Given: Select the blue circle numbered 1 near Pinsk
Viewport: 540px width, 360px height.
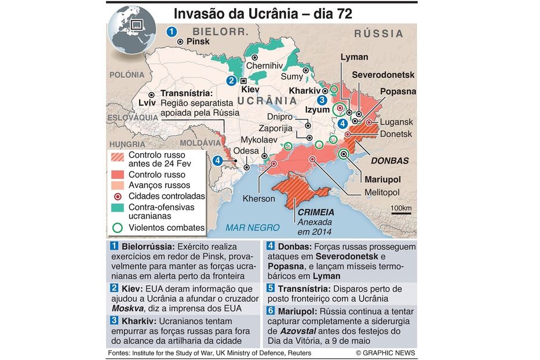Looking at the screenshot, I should pos(172,32).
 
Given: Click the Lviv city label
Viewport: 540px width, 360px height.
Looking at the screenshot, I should pos(148,103).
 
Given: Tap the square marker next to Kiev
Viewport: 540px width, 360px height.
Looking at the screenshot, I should pos(244,81).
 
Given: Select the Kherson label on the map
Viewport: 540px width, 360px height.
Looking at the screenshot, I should pos(259,199).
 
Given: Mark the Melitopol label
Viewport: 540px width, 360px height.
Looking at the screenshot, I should pos(382,192).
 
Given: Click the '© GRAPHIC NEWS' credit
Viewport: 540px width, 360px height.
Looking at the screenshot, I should pos(385,353).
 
